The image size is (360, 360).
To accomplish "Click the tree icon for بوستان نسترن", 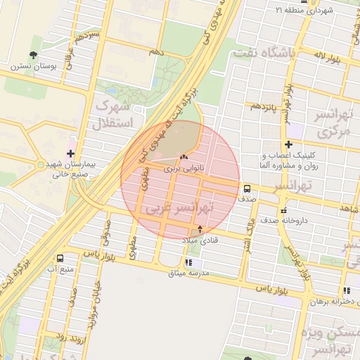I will pyautogui.click(x=33, y=55).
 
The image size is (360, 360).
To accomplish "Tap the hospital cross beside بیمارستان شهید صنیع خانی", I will pyautogui.click(x=70, y=153).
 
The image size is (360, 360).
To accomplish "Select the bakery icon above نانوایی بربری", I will pyautogui.click(x=184, y=157).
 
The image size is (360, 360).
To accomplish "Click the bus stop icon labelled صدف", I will pyautogui.click(x=247, y=188).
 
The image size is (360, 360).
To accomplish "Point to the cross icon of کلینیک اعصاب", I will pyautogui.click(x=288, y=144).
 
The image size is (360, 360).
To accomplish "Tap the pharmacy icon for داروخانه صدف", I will pyautogui.click(x=283, y=210).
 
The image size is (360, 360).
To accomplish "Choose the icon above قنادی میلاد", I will pyautogui.click(x=200, y=229).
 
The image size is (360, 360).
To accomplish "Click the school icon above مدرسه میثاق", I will pyautogui.click(x=187, y=262).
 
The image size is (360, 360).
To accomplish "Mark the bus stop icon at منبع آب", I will pyautogui.click(x=60, y=258).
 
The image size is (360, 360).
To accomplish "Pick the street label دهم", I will pyautogui.click(x=157, y=53).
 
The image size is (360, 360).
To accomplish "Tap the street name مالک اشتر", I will pyautogui.click(x=247, y=233).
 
